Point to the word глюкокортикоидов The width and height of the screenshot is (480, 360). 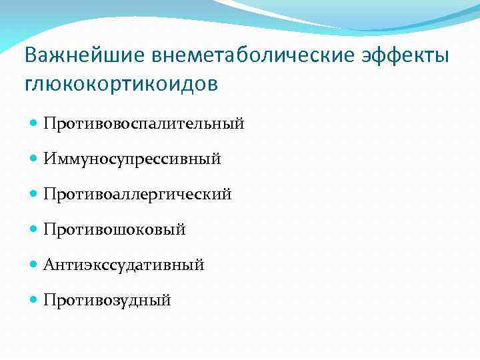point(120,85)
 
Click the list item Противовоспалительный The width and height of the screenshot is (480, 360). point(143,124)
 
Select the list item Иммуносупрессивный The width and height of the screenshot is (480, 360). point(132,159)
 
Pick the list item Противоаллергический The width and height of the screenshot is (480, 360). point(137,195)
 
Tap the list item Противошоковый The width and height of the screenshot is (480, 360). point(114,230)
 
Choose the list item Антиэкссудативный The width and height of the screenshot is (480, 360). point(123,265)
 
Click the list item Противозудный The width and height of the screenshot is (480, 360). point(107,301)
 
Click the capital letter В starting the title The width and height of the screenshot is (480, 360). point(30,55)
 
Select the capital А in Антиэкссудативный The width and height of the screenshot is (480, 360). point(49,265)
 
